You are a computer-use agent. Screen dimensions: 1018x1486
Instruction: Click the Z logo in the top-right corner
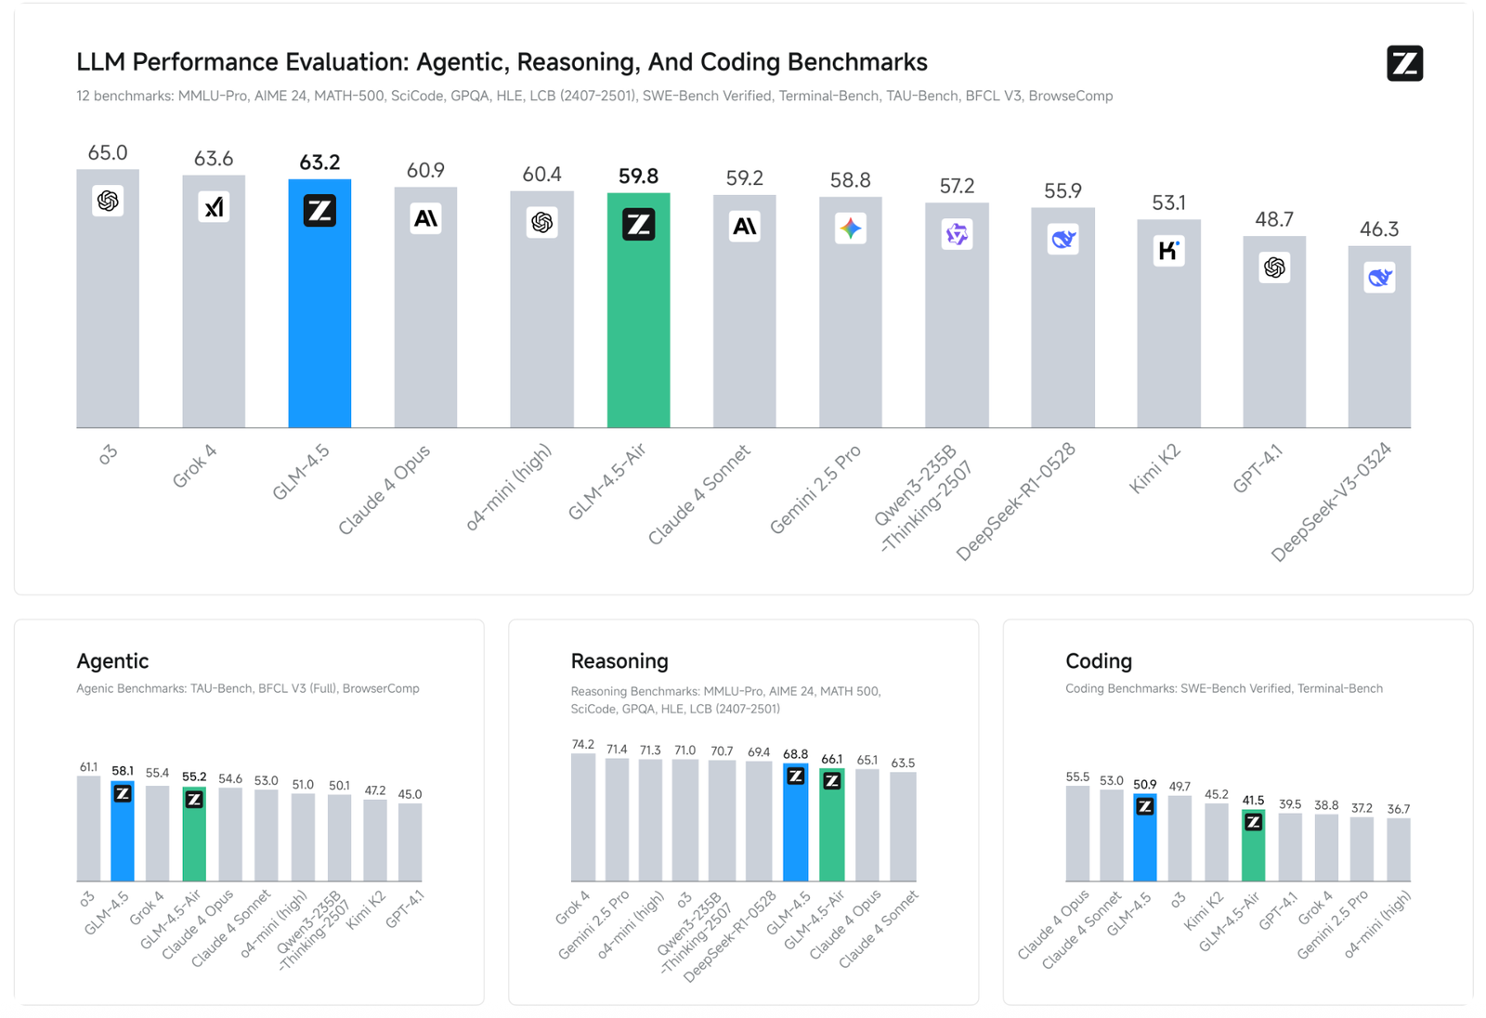point(1404,63)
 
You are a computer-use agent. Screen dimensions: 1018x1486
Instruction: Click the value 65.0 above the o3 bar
point(108,152)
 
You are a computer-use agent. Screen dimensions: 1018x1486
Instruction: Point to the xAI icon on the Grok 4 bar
point(214,207)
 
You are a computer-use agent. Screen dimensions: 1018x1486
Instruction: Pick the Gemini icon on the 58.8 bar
point(850,228)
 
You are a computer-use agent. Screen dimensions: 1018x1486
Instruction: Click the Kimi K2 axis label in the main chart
point(1154,469)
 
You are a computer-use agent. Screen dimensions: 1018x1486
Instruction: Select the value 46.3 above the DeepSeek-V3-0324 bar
point(1379,228)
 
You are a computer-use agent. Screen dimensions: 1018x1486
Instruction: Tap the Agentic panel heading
point(112,661)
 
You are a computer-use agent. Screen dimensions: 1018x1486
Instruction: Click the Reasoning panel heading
point(619,661)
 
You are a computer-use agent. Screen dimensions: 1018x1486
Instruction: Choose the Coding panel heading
point(1099,661)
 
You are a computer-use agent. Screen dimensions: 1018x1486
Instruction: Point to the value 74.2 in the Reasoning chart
point(582,744)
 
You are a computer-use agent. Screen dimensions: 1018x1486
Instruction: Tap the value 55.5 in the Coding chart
point(1077,777)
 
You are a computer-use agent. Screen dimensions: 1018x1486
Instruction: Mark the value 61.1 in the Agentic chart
point(88,767)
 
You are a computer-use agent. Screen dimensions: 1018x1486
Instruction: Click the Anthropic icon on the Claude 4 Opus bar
point(425,218)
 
